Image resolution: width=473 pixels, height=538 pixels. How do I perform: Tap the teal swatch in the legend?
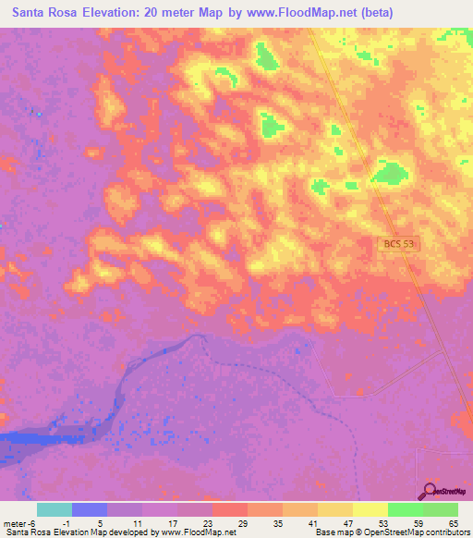click(x=54, y=509)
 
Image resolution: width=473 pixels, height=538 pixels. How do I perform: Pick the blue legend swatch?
click(x=89, y=509)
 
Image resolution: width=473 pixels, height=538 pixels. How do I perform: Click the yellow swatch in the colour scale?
click(x=370, y=509)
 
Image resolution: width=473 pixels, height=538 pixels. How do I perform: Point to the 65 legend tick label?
click(x=455, y=523)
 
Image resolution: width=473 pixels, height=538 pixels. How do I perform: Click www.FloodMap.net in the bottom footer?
click(x=196, y=532)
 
